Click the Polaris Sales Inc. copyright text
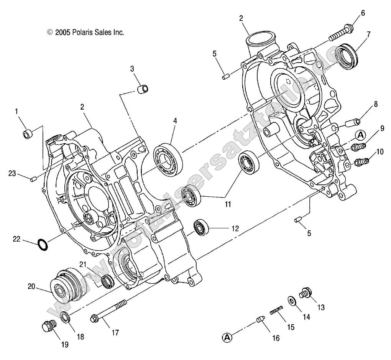pyautogui.click(x=85, y=33)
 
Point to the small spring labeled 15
pyautogui.click(x=276, y=310)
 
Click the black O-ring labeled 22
pyautogui.click(x=43, y=244)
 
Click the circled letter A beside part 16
pyautogui.click(x=227, y=337)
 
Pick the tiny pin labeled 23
pyautogui.click(x=33, y=179)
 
